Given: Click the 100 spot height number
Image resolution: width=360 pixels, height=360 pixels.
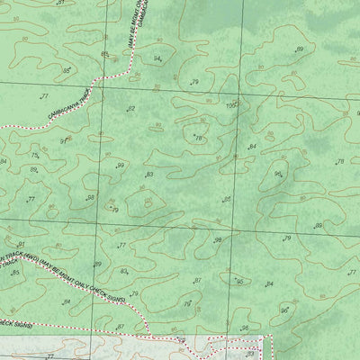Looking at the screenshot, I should point(230,105).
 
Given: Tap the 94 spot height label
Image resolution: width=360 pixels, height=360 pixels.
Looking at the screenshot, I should point(157,58).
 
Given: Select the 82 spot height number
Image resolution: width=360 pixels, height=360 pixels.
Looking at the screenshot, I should point(130,109).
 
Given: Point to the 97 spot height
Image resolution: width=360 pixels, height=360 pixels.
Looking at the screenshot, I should point(64,141).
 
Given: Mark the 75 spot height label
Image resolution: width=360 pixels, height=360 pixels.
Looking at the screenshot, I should point(35,156).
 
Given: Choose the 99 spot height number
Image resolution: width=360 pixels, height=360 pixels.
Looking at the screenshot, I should point(120,166).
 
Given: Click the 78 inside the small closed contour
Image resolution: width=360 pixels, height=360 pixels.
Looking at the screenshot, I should point(198,138).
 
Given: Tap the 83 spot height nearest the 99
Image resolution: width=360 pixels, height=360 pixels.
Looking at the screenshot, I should point(148,175).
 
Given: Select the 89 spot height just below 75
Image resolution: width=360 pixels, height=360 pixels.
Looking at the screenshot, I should point(34,169).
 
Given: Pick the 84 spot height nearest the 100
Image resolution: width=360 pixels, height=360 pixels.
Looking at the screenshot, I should point(253,147).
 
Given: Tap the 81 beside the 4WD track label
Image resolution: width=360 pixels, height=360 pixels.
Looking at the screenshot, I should point(20,245).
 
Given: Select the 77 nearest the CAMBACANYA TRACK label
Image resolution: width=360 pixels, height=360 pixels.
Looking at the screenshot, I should point(44,94).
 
